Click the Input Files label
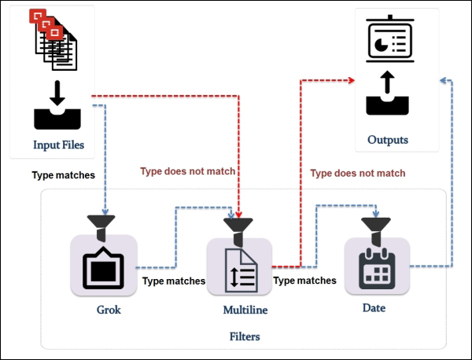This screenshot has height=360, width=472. pos(58,145)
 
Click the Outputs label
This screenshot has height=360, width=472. pos(388,140)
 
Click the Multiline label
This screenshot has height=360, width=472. pos(239,310)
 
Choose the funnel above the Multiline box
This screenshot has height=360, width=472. pos(238,227)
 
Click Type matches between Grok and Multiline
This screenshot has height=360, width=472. pos(173,281)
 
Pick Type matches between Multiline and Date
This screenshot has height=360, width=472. pos(304,281)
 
